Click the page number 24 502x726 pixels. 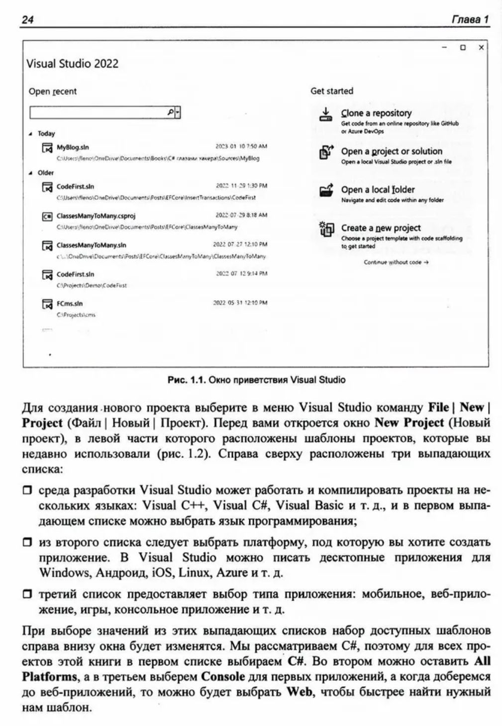click(27, 19)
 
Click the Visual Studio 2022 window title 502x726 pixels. click(72, 64)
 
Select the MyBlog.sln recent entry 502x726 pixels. click(73, 147)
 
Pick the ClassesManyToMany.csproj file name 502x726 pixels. click(96, 216)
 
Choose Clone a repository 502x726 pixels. click(376, 113)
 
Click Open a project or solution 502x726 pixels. click(392, 152)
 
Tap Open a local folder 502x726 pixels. click(378, 190)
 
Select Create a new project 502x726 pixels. click(381, 228)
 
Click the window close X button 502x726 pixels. click(481, 48)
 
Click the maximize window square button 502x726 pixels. click(463, 48)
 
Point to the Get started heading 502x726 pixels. click(332, 91)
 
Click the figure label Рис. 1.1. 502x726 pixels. click(186, 380)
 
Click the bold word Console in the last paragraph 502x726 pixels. click(223, 676)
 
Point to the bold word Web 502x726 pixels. click(300, 692)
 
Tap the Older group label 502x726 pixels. click(46, 173)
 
